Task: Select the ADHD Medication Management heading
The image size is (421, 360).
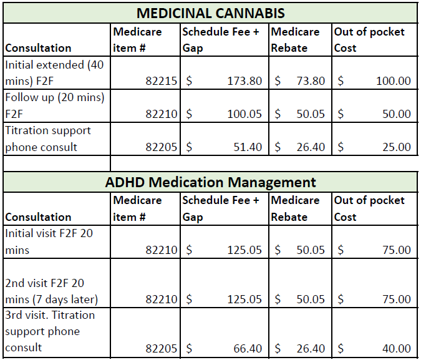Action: click(211, 182)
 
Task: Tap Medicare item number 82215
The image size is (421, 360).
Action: click(162, 80)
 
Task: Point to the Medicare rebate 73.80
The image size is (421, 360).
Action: click(309, 80)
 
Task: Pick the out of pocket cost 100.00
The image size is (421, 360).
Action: click(393, 80)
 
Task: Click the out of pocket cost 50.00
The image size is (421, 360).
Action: click(396, 114)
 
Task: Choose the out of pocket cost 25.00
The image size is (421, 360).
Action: click(396, 147)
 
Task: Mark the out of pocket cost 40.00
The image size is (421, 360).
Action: click(396, 348)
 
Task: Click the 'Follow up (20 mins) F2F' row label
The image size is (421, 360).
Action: click(54, 105)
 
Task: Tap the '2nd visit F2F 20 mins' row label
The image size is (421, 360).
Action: click(52, 291)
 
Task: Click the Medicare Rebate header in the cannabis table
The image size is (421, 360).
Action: click(295, 39)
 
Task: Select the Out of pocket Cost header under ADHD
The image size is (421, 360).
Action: click(369, 208)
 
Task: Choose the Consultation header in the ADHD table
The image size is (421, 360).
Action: click(38, 216)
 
